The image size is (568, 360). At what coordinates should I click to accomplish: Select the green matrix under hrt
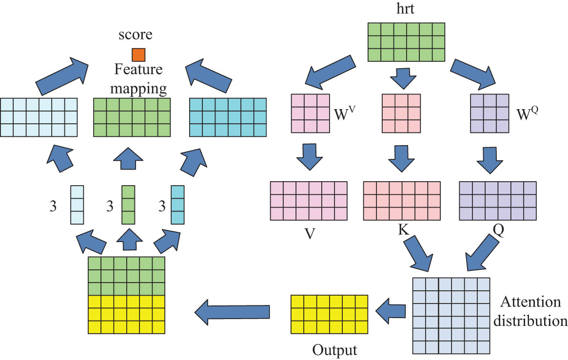(406, 41)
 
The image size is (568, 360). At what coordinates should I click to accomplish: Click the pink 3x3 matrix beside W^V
(310, 113)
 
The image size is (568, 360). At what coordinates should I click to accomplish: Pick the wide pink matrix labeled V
(309, 200)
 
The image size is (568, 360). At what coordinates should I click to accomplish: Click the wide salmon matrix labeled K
(402, 200)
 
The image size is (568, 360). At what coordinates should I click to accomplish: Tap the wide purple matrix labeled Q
(498, 200)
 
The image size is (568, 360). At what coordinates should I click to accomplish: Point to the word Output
(334, 350)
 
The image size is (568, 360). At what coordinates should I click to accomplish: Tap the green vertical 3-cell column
(128, 204)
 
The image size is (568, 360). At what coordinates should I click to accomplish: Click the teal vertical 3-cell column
(177, 204)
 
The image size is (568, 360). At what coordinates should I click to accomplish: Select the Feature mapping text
(138, 79)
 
